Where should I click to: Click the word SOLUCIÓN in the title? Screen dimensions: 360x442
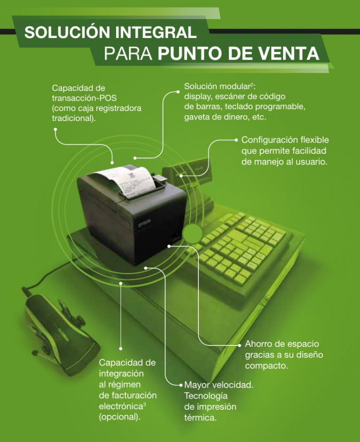point(67,32)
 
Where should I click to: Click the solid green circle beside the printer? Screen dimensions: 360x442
point(193,233)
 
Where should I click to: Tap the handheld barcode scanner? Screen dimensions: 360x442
point(60,333)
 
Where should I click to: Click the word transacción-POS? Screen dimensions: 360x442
point(84,98)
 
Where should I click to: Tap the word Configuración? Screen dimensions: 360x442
point(270,140)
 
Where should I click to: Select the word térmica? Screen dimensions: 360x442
point(201,418)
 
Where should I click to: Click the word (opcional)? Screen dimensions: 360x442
point(120,417)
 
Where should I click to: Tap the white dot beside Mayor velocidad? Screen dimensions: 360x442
point(181,385)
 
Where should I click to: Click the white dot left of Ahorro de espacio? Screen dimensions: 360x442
point(240,345)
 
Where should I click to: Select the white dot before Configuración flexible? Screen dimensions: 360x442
point(236,140)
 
